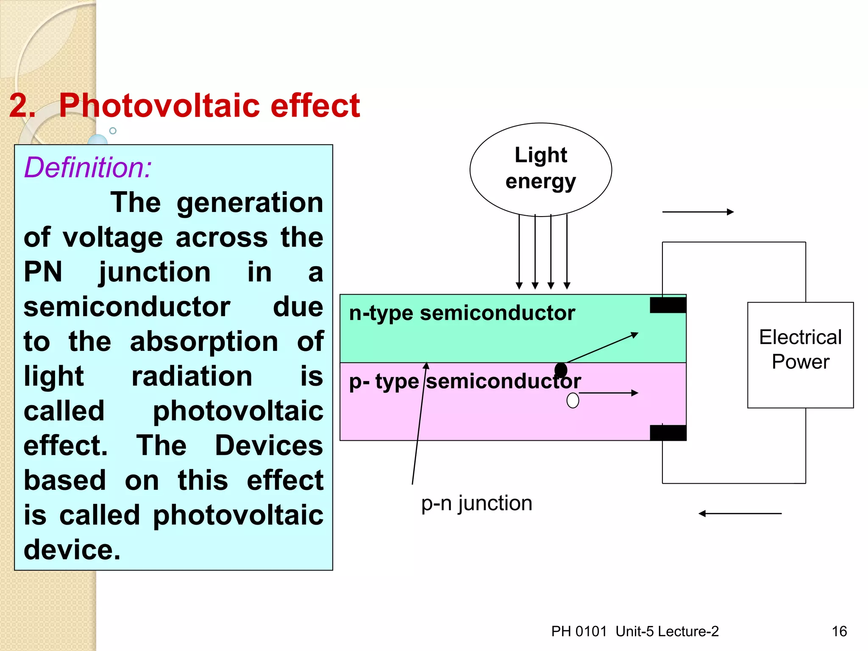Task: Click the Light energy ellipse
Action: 540,169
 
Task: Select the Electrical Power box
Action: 800,355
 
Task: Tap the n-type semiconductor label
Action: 462,313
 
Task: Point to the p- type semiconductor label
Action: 465,381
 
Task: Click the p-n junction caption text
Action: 476,504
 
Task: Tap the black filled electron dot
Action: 561,370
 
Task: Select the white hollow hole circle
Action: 573,400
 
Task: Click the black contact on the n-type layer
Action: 668,305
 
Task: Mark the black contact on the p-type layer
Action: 668,433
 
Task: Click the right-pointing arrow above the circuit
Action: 698,212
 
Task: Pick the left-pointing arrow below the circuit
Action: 740,513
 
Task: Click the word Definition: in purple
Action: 88,167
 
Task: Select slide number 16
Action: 839,632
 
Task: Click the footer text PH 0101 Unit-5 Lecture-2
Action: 635,632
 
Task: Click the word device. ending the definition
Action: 72,550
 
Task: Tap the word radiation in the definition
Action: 192,376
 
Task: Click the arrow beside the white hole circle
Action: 609,393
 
